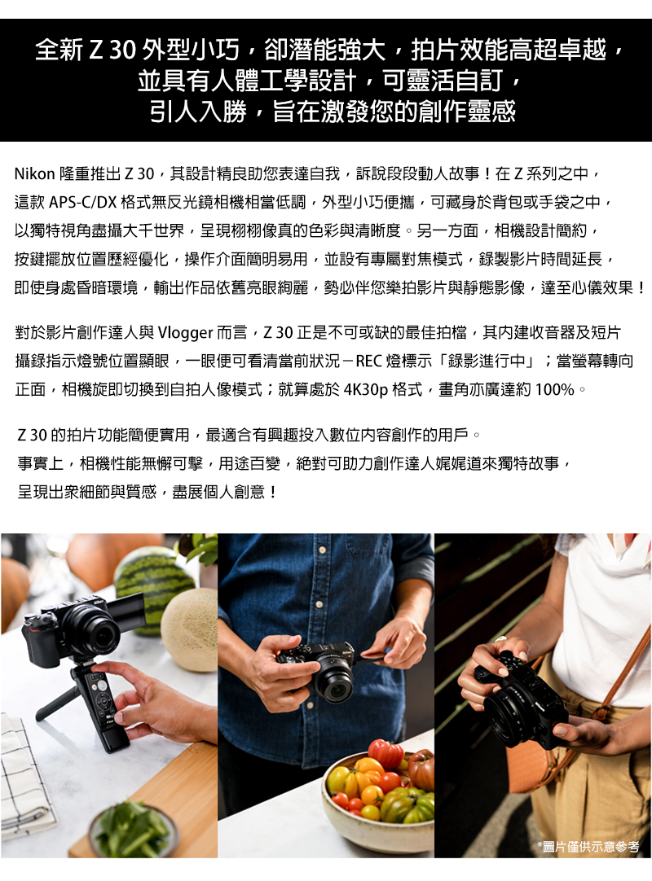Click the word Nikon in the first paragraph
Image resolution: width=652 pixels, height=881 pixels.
[x=33, y=174]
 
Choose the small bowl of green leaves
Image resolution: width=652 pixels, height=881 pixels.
[x=131, y=831]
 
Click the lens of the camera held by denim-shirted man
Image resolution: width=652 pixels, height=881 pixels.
[x=333, y=682]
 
